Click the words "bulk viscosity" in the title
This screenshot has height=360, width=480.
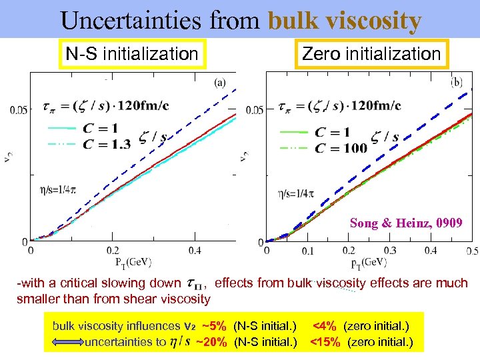pos(345,21)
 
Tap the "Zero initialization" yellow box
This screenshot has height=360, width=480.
pos(372,54)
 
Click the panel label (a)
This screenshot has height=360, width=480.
pos(220,83)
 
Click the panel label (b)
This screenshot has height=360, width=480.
pos(457,83)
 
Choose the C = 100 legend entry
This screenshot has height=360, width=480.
pos(341,147)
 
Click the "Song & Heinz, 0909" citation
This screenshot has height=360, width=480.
pos(406,223)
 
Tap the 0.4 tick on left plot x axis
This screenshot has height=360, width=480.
pos(194,251)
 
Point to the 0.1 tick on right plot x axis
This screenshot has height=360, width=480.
pos(307,251)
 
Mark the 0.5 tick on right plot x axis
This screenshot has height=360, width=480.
pos(472,251)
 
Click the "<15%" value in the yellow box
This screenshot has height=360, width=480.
pos(325,343)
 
